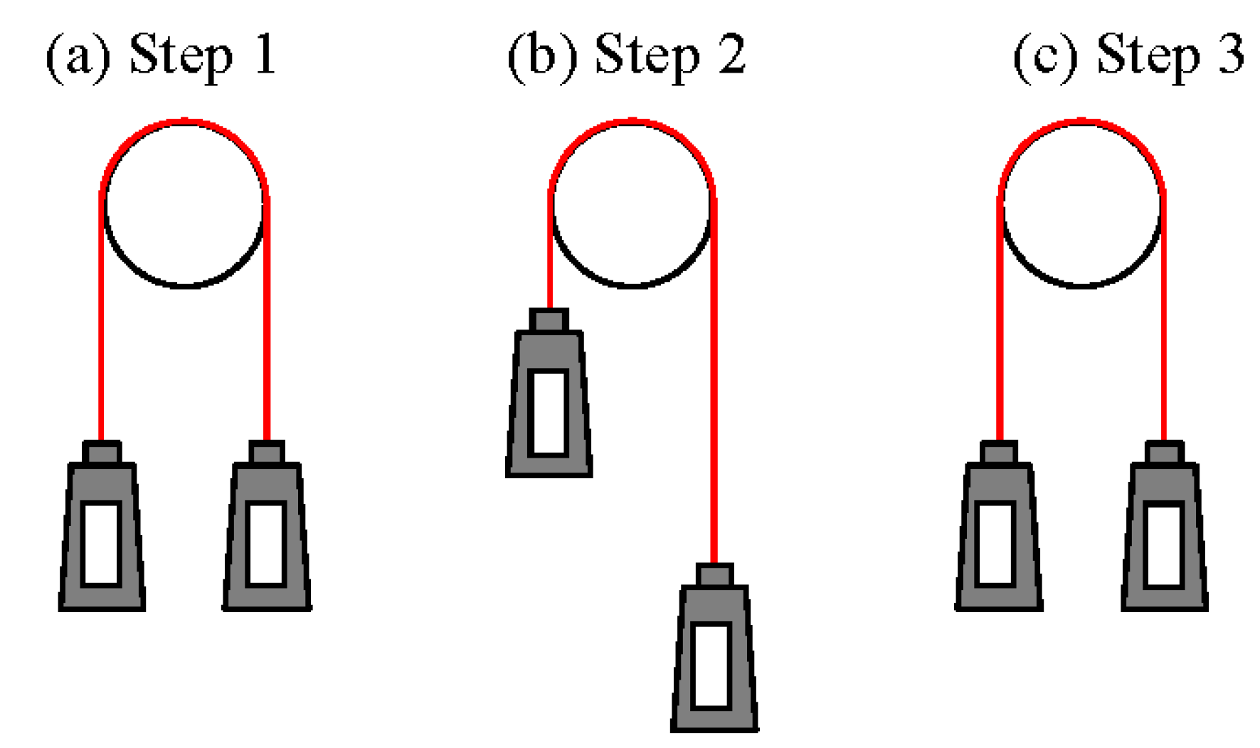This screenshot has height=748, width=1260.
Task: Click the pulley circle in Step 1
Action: coord(184,204)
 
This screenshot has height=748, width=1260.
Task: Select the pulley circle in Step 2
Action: coord(632,204)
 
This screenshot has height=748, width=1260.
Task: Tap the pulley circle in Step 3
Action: coord(1081,204)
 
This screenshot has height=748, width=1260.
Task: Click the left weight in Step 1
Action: coord(102,534)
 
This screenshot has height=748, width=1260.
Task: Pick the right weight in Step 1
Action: coord(267,534)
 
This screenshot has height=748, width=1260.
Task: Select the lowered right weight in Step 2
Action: coord(714,655)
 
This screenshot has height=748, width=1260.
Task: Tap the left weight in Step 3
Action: coord(998,534)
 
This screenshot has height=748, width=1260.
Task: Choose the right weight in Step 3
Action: coord(1164,534)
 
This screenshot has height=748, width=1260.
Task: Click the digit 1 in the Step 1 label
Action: coord(265,54)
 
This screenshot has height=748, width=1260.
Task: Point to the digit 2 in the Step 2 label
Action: coord(731,54)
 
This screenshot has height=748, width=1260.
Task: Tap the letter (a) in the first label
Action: coord(78,56)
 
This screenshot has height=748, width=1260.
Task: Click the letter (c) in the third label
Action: coord(1045,56)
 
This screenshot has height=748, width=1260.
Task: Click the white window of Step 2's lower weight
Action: coord(711,665)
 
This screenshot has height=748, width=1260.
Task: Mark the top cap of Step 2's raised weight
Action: coord(549,320)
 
